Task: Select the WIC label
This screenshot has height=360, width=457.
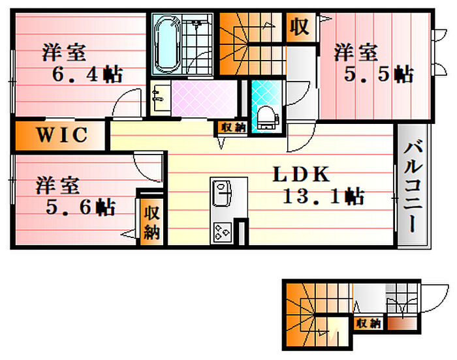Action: pos(61,135)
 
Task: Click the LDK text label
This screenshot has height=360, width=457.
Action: pos(301,175)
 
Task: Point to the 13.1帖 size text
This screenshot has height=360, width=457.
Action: pos(323,195)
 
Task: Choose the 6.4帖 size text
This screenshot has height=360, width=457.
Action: pos(87,74)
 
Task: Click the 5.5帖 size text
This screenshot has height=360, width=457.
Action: pos(379,74)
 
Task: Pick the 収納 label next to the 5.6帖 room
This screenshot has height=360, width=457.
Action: pos(151,222)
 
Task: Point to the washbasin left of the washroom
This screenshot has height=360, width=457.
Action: pos(159,98)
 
